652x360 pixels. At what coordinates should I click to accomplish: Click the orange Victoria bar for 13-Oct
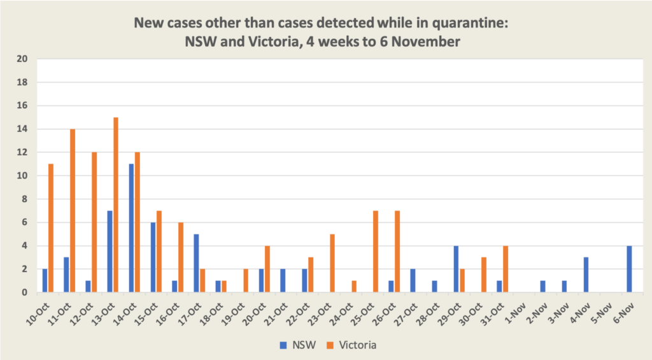(116, 205)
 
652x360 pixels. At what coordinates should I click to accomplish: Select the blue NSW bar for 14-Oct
(131, 228)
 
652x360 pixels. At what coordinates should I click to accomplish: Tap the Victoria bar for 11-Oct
(73, 210)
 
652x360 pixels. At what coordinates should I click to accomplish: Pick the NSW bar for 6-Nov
(629, 269)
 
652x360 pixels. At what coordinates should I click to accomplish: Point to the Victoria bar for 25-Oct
(376, 251)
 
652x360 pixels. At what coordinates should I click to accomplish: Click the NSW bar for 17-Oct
(196, 263)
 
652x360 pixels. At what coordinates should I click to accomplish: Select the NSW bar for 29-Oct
(456, 269)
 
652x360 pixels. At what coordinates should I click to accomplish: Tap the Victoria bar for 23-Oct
(332, 263)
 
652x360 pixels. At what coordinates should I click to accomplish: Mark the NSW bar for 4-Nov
(586, 275)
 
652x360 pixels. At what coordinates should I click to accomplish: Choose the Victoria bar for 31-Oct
(506, 269)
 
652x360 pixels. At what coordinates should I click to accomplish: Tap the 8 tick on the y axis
(25, 199)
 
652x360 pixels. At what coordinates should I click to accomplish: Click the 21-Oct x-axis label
(280, 310)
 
